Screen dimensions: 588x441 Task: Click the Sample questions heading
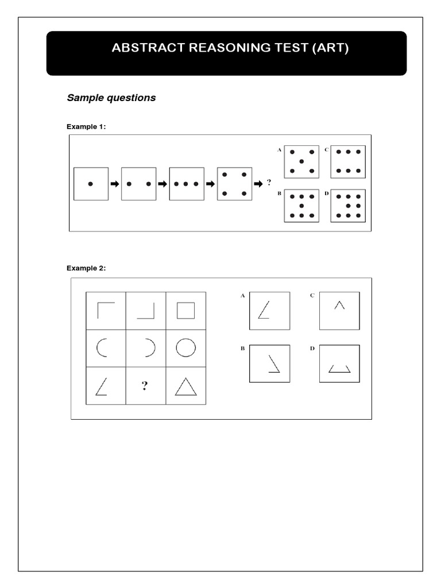click(x=111, y=98)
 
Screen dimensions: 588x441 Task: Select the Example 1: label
click(x=86, y=126)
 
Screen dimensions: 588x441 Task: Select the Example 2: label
click(x=86, y=268)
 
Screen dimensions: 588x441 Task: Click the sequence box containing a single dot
click(x=91, y=184)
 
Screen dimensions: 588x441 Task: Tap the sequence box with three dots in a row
click(x=187, y=184)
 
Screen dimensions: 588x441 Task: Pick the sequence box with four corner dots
click(x=234, y=184)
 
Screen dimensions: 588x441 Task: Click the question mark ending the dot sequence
click(x=269, y=183)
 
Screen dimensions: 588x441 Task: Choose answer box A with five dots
click(x=301, y=162)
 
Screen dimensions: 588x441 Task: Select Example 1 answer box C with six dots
click(x=349, y=162)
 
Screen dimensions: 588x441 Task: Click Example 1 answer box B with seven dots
click(x=301, y=206)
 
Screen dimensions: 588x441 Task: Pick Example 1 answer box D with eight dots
click(x=349, y=206)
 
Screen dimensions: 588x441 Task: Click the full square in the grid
click(x=186, y=311)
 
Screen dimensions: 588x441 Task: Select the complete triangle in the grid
click(x=186, y=386)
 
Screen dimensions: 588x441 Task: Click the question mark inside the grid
click(x=146, y=386)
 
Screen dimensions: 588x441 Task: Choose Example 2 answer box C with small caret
click(x=339, y=311)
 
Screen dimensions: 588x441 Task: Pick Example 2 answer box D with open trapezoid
click(x=339, y=363)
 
